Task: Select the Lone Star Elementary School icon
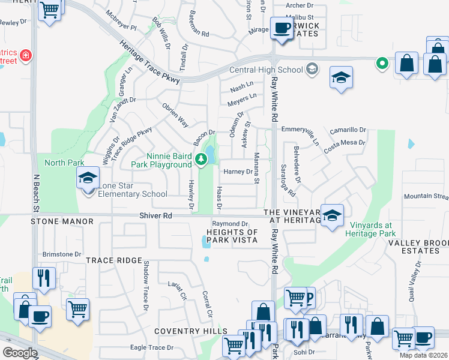pyautogui.click(x=88, y=178)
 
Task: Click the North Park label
pyautogui.click(x=64, y=162)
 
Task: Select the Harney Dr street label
pyautogui.click(x=238, y=172)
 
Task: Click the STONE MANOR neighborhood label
pyautogui.click(x=62, y=221)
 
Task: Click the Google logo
pyautogui.click(x=20, y=353)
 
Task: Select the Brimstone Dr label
pyautogui.click(x=61, y=254)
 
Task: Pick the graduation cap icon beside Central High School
pyautogui.click(x=341, y=77)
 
